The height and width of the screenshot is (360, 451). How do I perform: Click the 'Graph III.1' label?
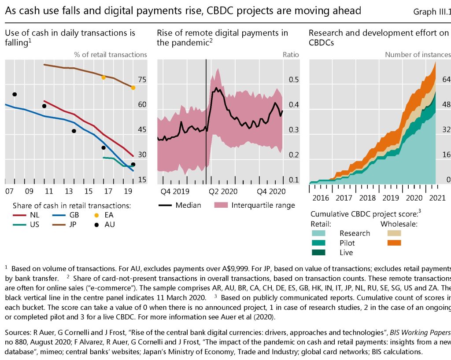[432, 12]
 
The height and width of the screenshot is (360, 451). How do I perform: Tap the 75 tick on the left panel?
[142, 80]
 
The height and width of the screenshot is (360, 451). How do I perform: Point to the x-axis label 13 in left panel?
[69, 191]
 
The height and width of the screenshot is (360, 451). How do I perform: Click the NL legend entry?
[29, 216]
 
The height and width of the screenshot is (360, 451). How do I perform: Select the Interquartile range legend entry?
[254, 205]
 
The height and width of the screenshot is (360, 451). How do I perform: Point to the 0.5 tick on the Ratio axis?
[294, 80]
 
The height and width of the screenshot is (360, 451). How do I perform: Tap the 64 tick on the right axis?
[447, 79]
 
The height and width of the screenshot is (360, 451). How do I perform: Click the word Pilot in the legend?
[347, 243]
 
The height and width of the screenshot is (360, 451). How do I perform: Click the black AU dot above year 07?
[15, 94]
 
